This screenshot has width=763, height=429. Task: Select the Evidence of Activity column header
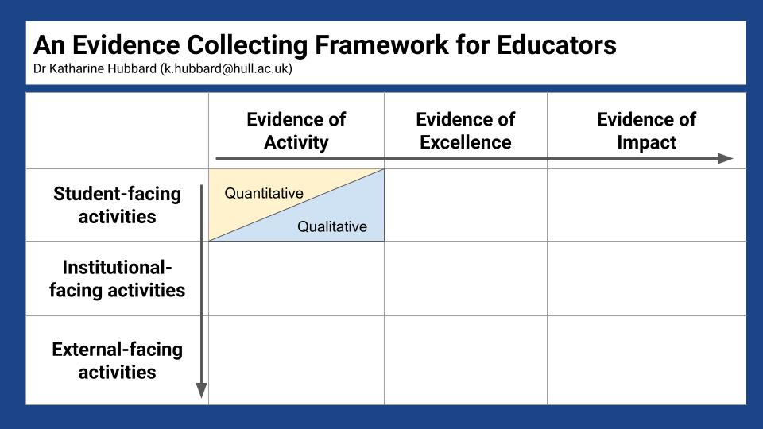pyautogui.click(x=296, y=130)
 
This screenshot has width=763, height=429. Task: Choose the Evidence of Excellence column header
pyautogui.click(x=465, y=130)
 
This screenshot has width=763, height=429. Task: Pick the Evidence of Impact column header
pyautogui.click(x=646, y=130)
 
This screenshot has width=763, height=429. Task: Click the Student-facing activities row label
pyautogui.click(x=117, y=205)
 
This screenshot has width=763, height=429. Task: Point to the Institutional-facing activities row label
pyautogui.click(x=117, y=278)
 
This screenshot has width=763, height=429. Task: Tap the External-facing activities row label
pyautogui.click(x=117, y=360)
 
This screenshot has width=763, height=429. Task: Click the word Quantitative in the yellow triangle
pyautogui.click(x=264, y=193)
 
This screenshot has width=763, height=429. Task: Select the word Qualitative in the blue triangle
pyautogui.click(x=332, y=227)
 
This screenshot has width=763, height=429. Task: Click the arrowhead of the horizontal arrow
pyautogui.click(x=725, y=158)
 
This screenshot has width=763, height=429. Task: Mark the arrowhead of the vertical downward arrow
pyautogui.click(x=201, y=390)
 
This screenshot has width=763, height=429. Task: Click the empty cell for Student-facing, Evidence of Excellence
pyautogui.click(x=465, y=205)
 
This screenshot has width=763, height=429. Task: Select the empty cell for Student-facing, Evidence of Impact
pyautogui.click(x=646, y=205)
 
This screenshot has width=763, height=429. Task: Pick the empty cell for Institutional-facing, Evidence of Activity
pyautogui.click(x=296, y=278)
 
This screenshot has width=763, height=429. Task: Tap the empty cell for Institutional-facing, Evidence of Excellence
pyautogui.click(x=465, y=278)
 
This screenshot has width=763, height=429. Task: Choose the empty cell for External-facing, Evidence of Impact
pyautogui.click(x=646, y=360)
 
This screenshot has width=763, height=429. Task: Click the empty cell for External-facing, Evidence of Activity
pyautogui.click(x=296, y=360)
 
